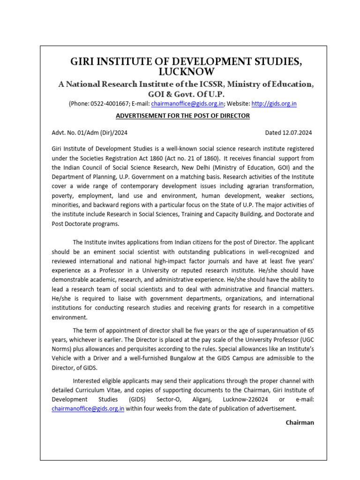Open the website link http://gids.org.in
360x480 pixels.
click(x=274, y=104)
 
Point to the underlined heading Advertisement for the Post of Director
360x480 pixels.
click(x=183, y=116)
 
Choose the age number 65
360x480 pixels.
click(x=309, y=330)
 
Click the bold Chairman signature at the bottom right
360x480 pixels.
click(x=300, y=422)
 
